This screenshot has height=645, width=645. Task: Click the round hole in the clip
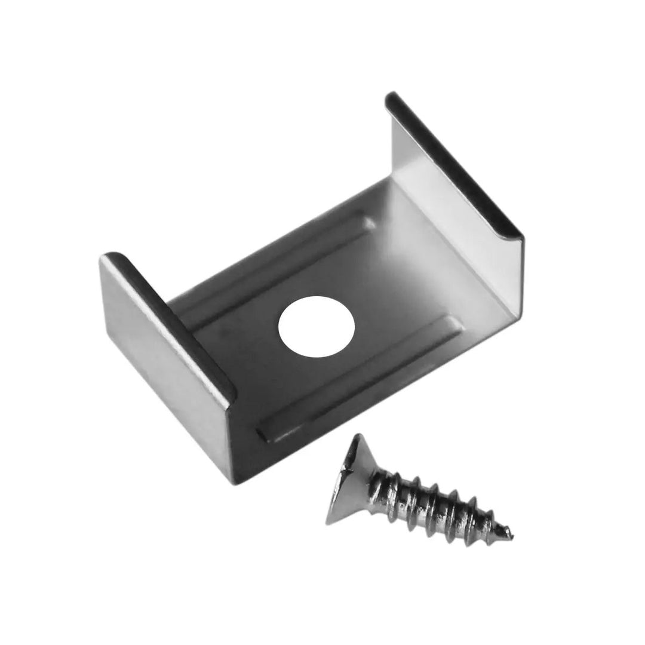(x=317, y=327)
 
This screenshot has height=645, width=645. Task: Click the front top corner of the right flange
(x=521, y=236)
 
